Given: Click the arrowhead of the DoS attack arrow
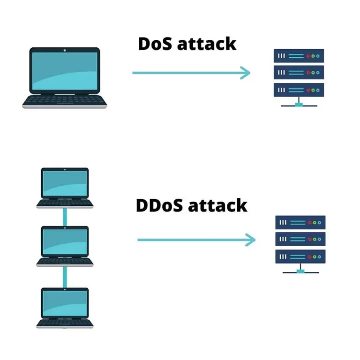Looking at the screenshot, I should pos(246,73).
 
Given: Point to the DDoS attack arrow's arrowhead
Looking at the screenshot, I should pos(251,240).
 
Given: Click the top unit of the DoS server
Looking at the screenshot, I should pos(299,56).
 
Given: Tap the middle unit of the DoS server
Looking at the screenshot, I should pos(299,73).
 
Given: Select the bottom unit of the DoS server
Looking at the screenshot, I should pos(299,90).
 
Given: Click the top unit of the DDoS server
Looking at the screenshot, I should pos(300,223).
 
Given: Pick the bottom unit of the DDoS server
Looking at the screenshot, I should pos(300,256).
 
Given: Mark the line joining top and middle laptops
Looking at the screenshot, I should pos(65,217).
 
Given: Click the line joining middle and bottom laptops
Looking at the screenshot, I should pos(65,277).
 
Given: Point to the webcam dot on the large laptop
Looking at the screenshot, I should pos(65,50).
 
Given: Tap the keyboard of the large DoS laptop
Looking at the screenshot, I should pos(65,100).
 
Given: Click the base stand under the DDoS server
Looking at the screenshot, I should pos(300,270).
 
